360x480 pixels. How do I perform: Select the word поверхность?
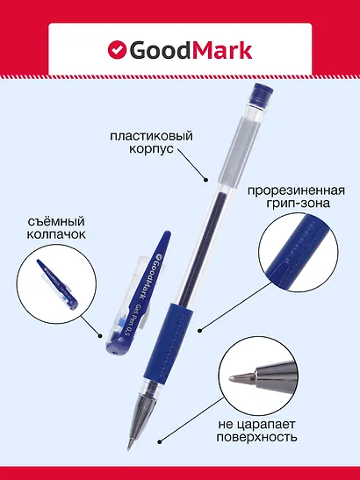click(283, 435)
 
